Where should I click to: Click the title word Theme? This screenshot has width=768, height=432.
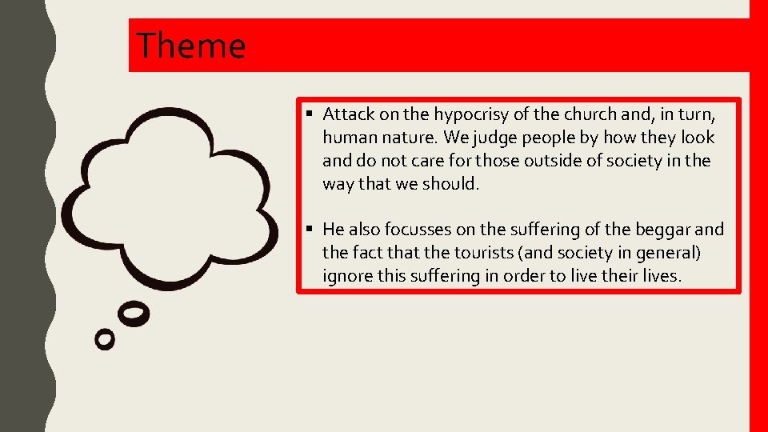pos(190,46)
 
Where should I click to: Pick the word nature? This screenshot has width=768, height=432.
pos(406,138)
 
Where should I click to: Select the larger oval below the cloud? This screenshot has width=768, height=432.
pos(134,314)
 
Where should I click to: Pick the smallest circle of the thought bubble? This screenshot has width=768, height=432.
pos(105,338)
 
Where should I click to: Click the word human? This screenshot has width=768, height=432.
pos(349,138)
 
